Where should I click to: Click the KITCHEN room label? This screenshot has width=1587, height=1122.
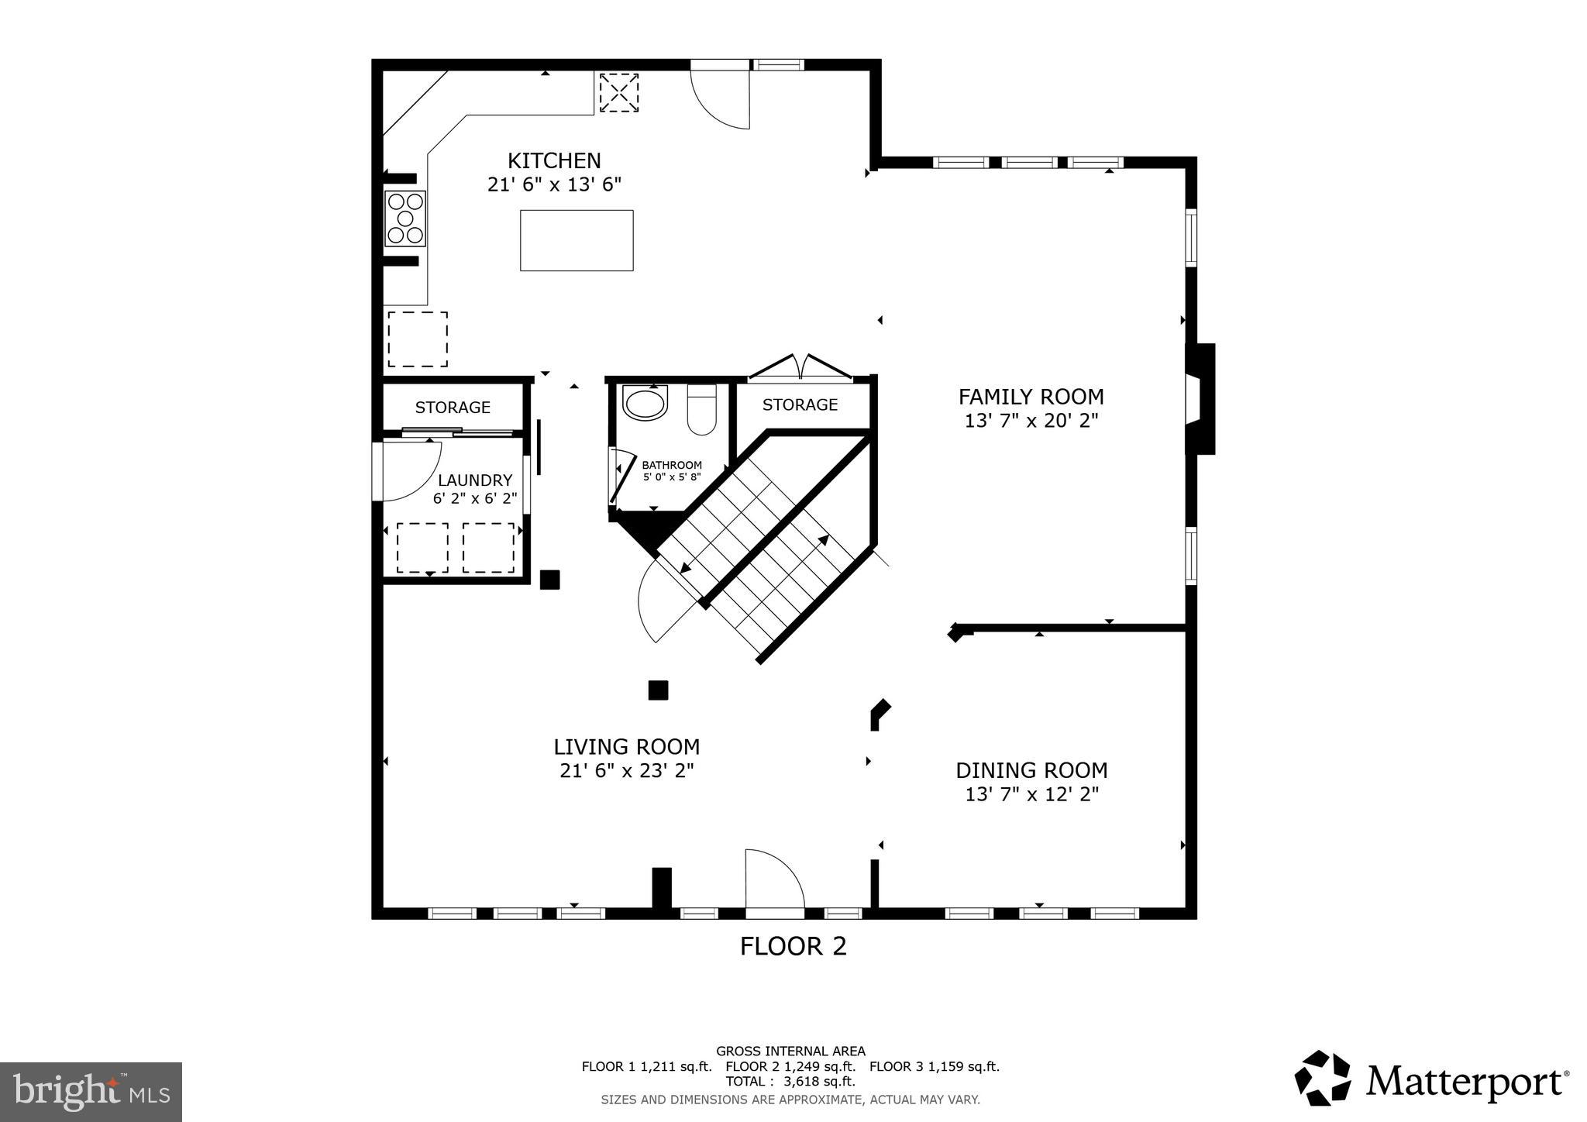pos(554,161)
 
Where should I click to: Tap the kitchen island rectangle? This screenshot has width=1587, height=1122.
pos(577,240)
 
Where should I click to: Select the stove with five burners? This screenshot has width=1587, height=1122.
pos(405,219)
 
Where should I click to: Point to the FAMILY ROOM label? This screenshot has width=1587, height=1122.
pos(1031,397)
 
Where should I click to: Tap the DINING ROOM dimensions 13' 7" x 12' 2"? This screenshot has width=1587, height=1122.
pos(1031,794)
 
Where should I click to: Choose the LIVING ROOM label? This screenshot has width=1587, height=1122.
pos(626,747)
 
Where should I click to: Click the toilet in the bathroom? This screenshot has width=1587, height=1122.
pos(702,410)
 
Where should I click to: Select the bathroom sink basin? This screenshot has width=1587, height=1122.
pos(645,404)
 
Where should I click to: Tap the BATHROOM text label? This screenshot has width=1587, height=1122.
pos(672,465)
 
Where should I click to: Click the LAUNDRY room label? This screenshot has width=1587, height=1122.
pos(475,480)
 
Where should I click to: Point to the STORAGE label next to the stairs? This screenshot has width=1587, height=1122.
pos(800,404)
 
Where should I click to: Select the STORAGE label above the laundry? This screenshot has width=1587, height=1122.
pos(453,408)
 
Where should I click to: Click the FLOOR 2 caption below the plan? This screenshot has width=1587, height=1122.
pos(793,946)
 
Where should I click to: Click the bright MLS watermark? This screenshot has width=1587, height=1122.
pos(91,1092)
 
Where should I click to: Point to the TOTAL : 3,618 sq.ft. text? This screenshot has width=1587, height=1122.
pos(790,1081)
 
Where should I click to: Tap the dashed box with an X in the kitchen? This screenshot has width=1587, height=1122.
pos(619,93)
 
